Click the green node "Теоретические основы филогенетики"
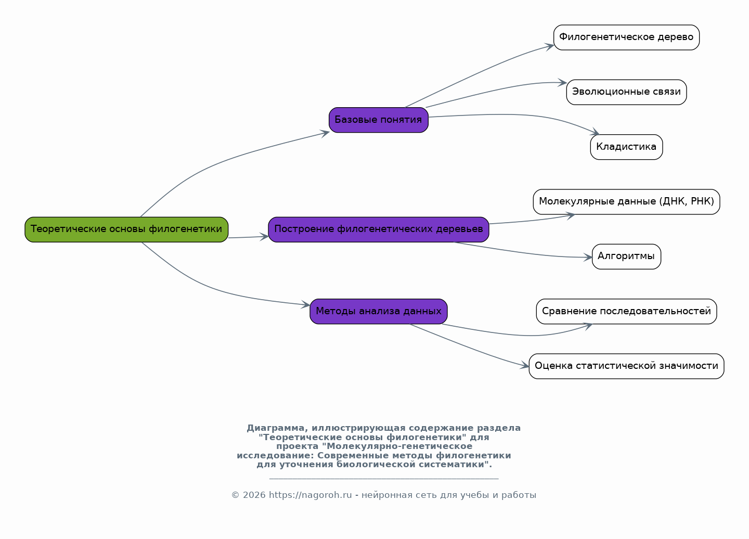(x=126, y=230)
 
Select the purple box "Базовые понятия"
(x=379, y=120)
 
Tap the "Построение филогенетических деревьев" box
(x=379, y=230)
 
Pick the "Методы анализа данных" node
(x=379, y=312)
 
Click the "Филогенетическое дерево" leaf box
(x=626, y=37)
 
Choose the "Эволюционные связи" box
(x=626, y=92)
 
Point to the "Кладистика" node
(x=626, y=147)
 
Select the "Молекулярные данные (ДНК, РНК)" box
(x=626, y=202)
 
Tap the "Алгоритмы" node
(x=626, y=257)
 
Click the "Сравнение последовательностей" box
(x=626, y=312)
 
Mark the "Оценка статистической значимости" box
(x=626, y=366)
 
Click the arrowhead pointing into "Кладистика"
(x=596, y=132)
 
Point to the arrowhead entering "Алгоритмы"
(x=588, y=257)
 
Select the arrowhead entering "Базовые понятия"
(x=325, y=133)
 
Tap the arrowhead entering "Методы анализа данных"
(x=306, y=304)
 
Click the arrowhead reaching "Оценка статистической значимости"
(x=525, y=365)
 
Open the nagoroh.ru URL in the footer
(x=311, y=495)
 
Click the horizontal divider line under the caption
(x=384, y=479)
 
